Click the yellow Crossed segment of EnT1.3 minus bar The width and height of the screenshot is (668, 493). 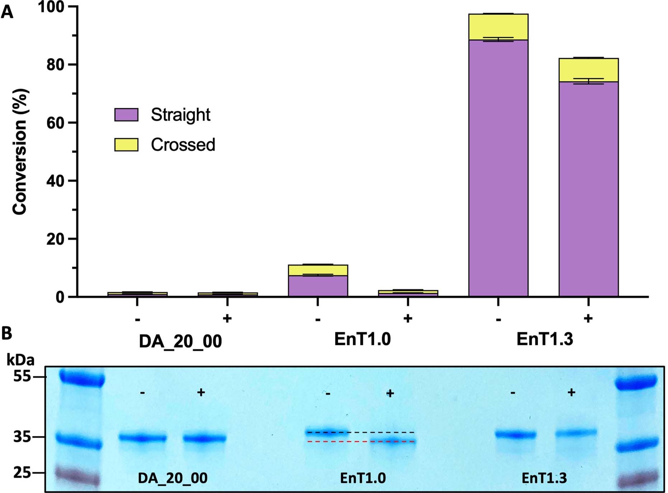[498, 27]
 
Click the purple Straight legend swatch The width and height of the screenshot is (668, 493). [126, 115]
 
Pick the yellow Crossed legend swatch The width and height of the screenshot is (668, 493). [126, 144]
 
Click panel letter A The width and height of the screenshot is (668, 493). [7, 13]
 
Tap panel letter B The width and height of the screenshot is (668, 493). [6, 333]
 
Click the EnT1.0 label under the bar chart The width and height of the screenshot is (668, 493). [362, 339]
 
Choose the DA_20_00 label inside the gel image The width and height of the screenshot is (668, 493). [173, 478]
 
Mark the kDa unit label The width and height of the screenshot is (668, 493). [20, 360]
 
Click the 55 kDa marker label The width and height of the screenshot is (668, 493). [22, 376]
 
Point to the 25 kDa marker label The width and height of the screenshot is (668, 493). [22, 473]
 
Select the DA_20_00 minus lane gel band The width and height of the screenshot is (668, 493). [142, 438]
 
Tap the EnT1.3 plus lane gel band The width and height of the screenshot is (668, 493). [576, 433]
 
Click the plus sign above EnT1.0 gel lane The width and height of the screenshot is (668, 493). [390, 394]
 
